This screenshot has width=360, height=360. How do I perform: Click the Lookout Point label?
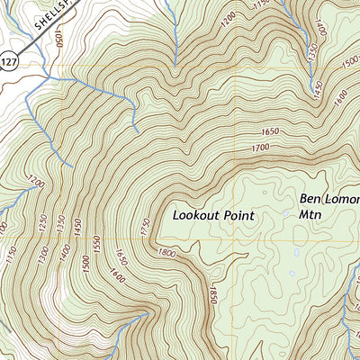[215, 216]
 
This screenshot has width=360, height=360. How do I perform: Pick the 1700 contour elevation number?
[261, 148]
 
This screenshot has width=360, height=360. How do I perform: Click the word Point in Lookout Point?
[239, 216]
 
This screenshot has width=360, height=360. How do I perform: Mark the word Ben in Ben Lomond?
[309, 199]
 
